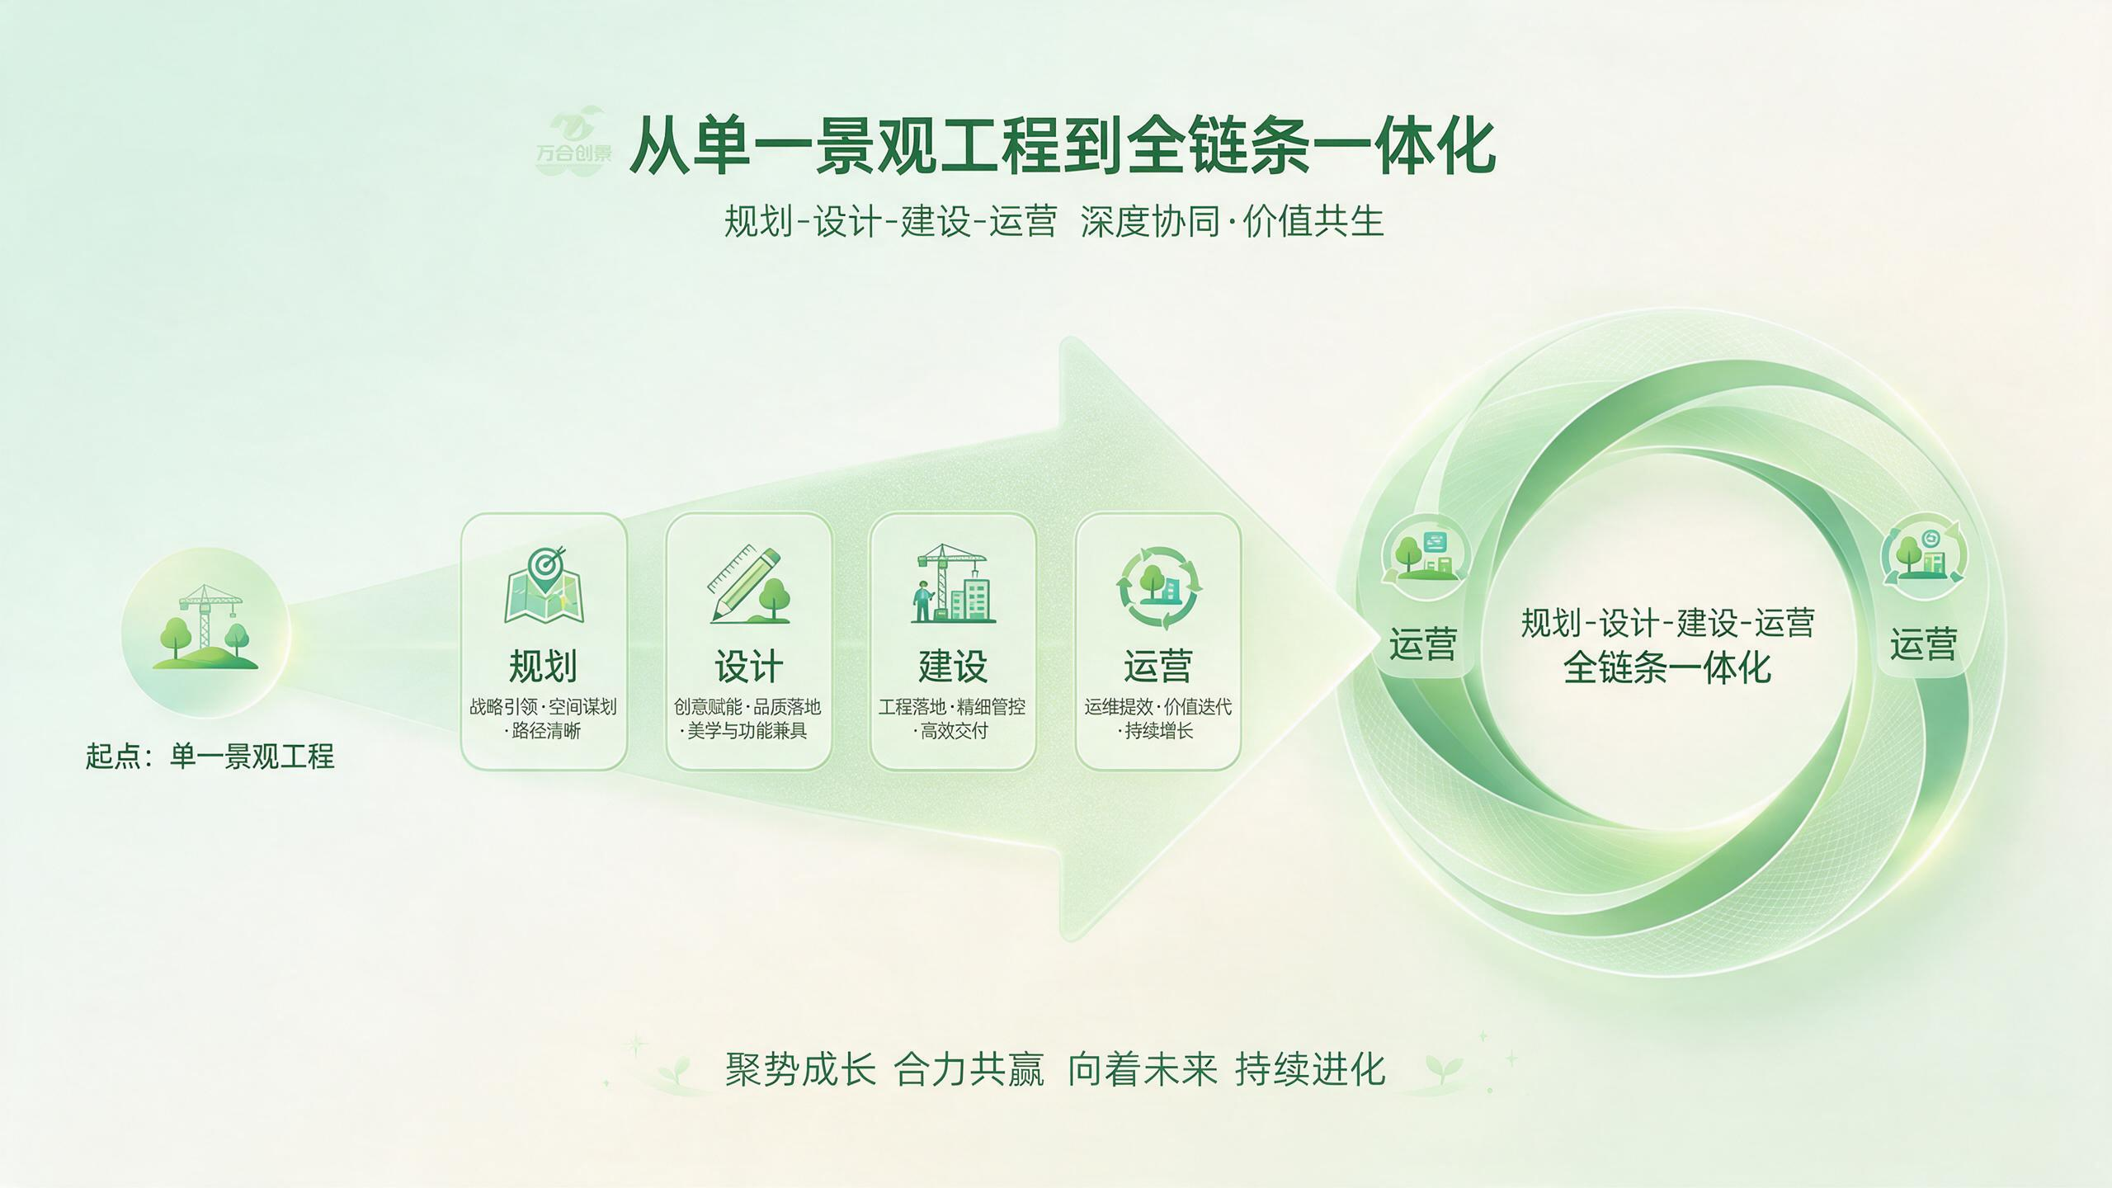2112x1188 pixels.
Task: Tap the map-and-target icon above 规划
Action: click(544, 585)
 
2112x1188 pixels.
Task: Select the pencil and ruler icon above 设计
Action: click(748, 584)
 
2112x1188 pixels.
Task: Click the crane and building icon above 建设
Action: click(953, 583)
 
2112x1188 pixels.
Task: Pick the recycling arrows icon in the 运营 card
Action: click(1158, 587)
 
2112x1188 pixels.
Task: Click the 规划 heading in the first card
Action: click(543, 666)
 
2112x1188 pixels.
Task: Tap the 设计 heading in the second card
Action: click(748, 666)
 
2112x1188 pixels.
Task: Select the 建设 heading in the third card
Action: click(953, 666)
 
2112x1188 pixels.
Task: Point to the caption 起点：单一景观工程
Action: click(210, 756)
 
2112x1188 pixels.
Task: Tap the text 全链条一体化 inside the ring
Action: click(1667, 667)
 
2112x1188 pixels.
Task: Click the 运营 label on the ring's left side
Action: click(1423, 644)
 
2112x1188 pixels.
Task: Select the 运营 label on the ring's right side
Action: click(1924, 644)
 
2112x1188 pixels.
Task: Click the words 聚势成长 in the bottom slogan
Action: click(800, 1069)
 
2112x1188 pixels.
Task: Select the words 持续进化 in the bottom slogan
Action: click(1310, 1069)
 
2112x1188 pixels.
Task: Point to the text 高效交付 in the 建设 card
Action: click(955, 731)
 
